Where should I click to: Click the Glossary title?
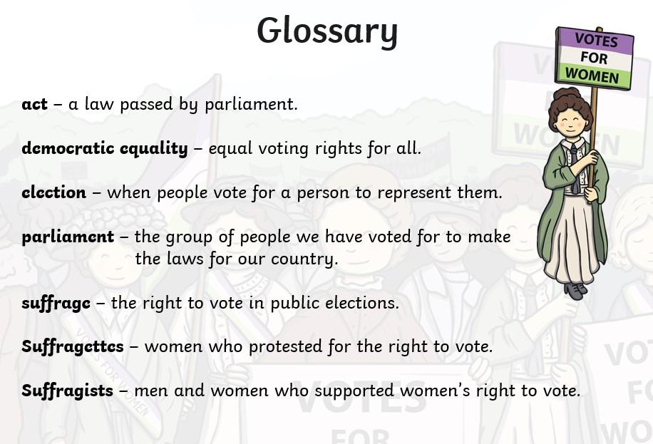click(327, 31)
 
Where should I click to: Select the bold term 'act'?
click(34, 104)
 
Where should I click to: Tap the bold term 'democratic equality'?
click(105, 148)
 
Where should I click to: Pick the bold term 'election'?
click(53, 192)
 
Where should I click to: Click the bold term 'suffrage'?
click(56, 303)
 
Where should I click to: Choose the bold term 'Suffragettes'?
click(73, 347)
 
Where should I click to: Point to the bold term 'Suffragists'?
click(68, 391)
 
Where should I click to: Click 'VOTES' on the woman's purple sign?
click(597, 41)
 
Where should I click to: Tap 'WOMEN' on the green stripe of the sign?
click(592, 76)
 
